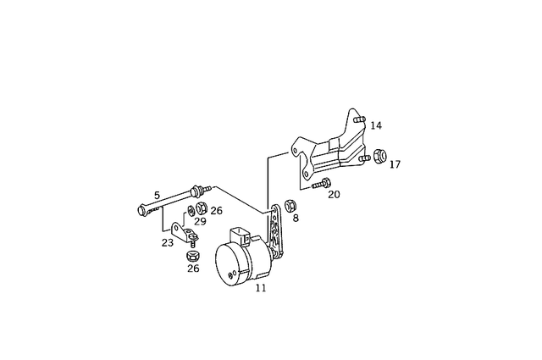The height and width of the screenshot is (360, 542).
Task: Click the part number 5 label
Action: (157, 194)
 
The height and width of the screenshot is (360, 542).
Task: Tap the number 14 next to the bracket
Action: (376, 125)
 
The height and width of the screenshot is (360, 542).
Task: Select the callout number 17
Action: (395, 164)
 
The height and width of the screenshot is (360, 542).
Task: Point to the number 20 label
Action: (334, 194)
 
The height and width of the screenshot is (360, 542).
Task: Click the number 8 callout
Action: (295, 218)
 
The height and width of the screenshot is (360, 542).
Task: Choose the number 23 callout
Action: (168, 241)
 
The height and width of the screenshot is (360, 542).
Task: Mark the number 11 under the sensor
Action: (261, 288)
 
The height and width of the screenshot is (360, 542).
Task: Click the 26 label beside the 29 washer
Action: (217, 210)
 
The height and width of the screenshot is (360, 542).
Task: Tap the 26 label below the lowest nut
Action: (193, 269)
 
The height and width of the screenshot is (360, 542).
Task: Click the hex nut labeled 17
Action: (379, 156)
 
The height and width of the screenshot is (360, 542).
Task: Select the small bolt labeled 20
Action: (320, 183)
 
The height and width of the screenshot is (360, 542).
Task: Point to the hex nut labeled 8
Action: (290, 204)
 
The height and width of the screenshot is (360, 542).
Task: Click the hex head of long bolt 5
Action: (141, 208)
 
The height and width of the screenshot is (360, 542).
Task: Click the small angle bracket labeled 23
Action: (181, 231)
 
